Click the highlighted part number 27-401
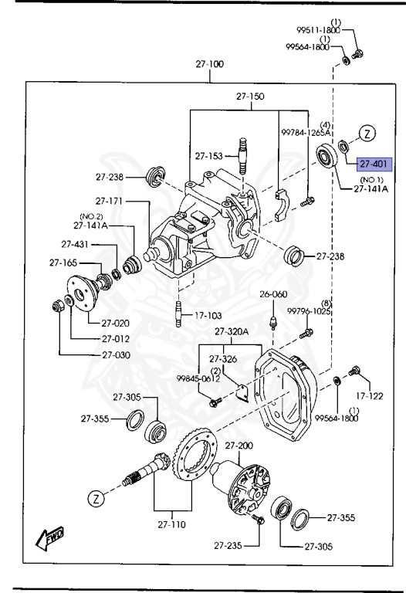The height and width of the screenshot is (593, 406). coord(374,163)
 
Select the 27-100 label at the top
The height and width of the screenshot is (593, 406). coord(209,64)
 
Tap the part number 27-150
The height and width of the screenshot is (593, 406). coord(250,97)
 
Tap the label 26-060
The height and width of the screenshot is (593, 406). coord(272,293)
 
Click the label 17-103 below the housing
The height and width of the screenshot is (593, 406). coord(209,315)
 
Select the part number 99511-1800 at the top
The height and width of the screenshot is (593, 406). coord(318,29)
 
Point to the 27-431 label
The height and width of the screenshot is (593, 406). coord(79,244)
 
